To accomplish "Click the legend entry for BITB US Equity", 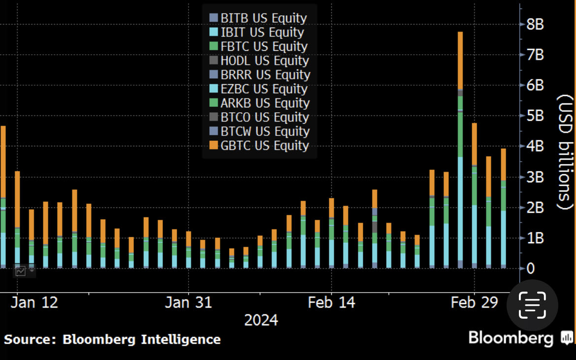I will [x=258, y=18].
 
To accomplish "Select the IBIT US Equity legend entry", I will [x=257, y=33].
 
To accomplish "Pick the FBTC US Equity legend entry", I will [x=258, y=47].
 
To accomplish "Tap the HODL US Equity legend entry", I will [x=259, y=61].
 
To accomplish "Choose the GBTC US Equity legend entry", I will [x=259, y=146].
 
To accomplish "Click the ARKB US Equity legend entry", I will [x=259, y=103].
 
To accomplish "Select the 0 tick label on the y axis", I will [x=531, y=269].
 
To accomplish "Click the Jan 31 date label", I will [x=188, y=302].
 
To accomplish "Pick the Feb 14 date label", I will [x=331, y=302].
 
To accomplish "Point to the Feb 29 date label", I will [x=474, y=302].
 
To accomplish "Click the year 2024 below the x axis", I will [x=261, y=321].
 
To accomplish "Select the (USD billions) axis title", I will [x=565, y=153].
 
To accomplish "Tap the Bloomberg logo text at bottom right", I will [x=511, y=338].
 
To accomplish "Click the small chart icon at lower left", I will [x=21, y=270].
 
